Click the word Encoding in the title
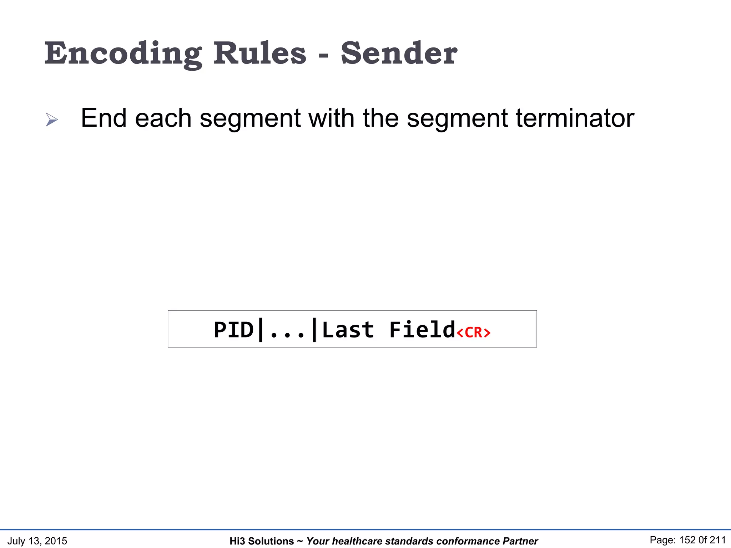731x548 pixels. [123, 54]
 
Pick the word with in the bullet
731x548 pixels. [331, 118]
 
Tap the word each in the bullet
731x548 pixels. [163, 118]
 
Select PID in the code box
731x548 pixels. [233, 330]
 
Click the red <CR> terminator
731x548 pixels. [473, 333]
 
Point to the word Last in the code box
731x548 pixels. [348, 330]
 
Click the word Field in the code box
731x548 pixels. [422, 330]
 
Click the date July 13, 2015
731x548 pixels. [37, 541]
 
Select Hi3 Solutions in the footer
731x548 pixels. [262, 541]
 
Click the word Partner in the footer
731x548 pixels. [520, 541]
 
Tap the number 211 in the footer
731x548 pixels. [717, 540]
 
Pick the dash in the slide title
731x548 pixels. [323, 56]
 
